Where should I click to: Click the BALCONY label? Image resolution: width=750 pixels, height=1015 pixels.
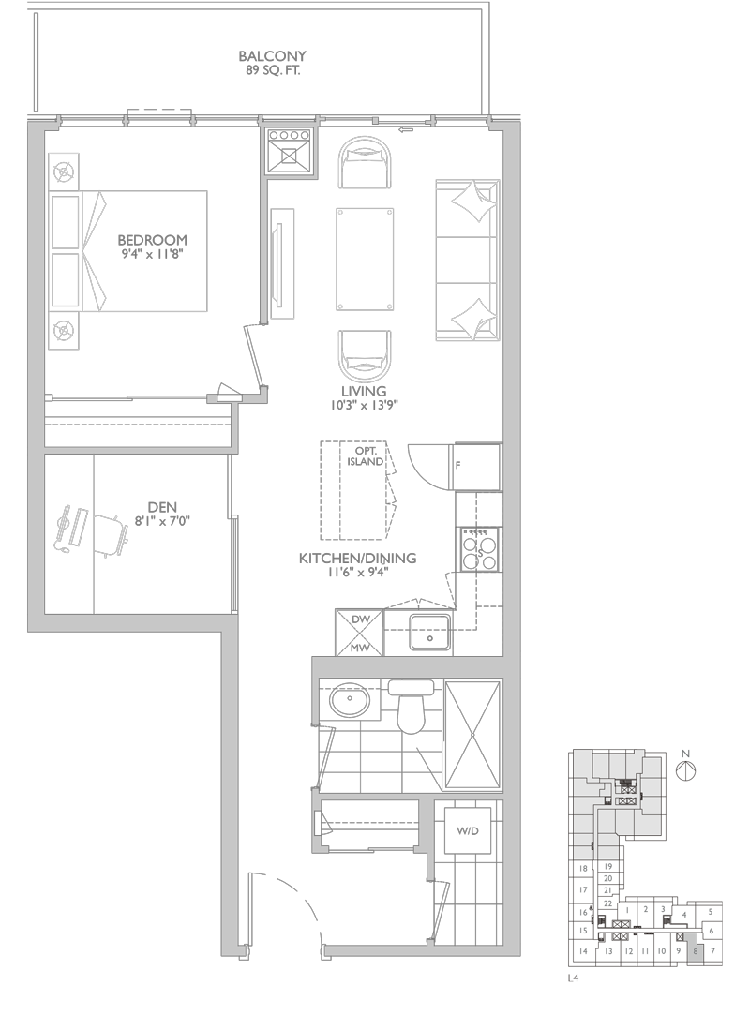(272, 56)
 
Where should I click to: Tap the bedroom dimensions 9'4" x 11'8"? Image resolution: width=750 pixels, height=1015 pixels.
(152, 254)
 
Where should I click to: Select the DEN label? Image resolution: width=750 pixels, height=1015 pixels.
(162, 508)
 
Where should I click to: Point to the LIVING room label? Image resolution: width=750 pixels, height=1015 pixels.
(364, 391)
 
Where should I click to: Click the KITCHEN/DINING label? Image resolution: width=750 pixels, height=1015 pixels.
(357, 558)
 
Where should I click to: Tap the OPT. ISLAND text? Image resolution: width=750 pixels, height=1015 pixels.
(366, 456)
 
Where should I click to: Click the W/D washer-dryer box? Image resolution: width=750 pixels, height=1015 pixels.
(468, 830)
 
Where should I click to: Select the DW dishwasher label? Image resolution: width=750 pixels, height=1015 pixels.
(360, 619)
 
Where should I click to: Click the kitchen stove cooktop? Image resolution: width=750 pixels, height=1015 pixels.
(480, 549)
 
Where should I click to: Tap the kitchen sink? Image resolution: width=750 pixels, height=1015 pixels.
(429, 632)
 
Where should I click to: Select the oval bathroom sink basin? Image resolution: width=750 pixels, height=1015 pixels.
(349, 700)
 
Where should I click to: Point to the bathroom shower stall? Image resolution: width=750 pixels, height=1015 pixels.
(473, 735)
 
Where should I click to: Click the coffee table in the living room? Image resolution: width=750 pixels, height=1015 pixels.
(365, 260)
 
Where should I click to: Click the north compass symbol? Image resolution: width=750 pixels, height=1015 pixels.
(685, 771)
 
